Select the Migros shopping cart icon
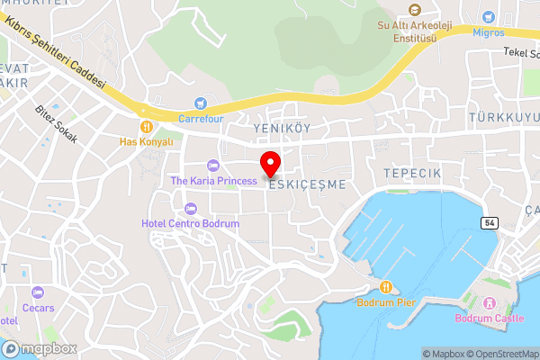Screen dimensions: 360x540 pyautogui.click(x=487, y=17)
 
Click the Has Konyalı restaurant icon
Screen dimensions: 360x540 pyautogui.click(x=145, y=127)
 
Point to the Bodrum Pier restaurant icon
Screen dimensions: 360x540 pyautogui.click(x=386, y=287)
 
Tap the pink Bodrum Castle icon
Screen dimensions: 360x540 pyautogui.click(x=489, y=303)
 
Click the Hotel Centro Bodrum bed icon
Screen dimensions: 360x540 pyautogui.click(x=190, y=208)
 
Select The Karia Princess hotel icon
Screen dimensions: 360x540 pyautogui.click(x=212, y=166)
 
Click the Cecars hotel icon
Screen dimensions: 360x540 pyautogui.click(x=38, y=292)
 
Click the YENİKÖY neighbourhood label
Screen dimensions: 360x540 pyautogui.click(x=282, y=129)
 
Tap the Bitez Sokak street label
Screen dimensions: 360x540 pyautogui.click(x=57, y=124)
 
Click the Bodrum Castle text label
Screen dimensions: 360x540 pyautogui.click(x=490, y=319)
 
